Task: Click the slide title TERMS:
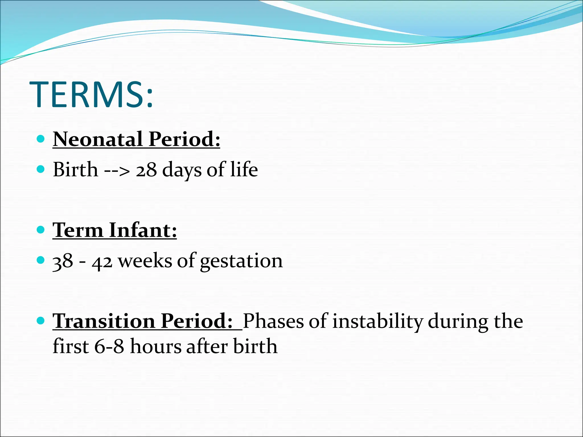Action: point(91,94)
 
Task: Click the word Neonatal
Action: point(98,139)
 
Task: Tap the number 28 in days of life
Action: point(146,170)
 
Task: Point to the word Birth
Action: point(75,170)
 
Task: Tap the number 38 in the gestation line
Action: point(63,261)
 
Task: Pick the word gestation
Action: point(241,261)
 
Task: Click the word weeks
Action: point(145,261)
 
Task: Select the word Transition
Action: point(104,321)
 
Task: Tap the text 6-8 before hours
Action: point(109,347)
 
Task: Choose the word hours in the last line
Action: point(156,347)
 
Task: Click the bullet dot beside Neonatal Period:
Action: point(41,139)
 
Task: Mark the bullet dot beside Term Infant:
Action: point(41,230)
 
